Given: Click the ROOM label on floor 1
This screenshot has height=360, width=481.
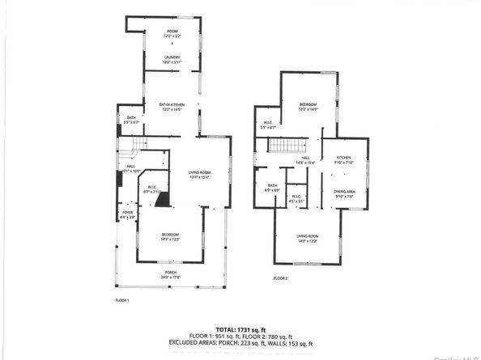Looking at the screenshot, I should [x=171, y=32].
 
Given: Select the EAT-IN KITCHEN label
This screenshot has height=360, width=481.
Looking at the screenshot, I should [x=171, y=105].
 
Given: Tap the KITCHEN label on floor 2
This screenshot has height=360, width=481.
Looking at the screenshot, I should [x=343, y=159].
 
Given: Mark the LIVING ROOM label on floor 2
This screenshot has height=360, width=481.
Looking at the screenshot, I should [x=308, y=237].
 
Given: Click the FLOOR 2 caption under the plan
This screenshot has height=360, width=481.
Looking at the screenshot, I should [x=280, y=278].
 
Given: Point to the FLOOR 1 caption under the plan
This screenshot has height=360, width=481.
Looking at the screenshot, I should [x=123, y=301].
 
